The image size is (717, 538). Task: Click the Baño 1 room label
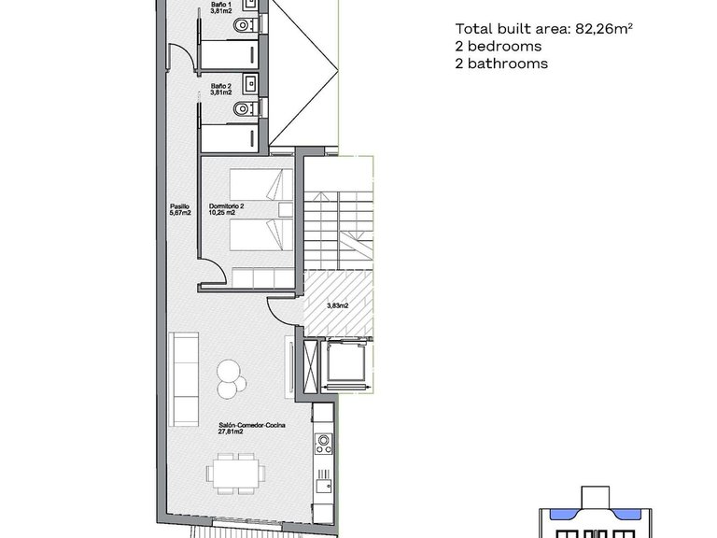pos(221,6)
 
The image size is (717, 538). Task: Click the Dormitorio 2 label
pos(227,205)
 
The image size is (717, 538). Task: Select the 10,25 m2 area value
pos(223,213)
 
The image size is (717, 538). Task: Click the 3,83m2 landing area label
pos(337,305)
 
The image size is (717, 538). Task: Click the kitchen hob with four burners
pos(324,442)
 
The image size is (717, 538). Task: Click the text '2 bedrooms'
pos(499,47)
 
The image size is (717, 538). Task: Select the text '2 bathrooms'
pos(501,64)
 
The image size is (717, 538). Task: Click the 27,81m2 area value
pos(232,432)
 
